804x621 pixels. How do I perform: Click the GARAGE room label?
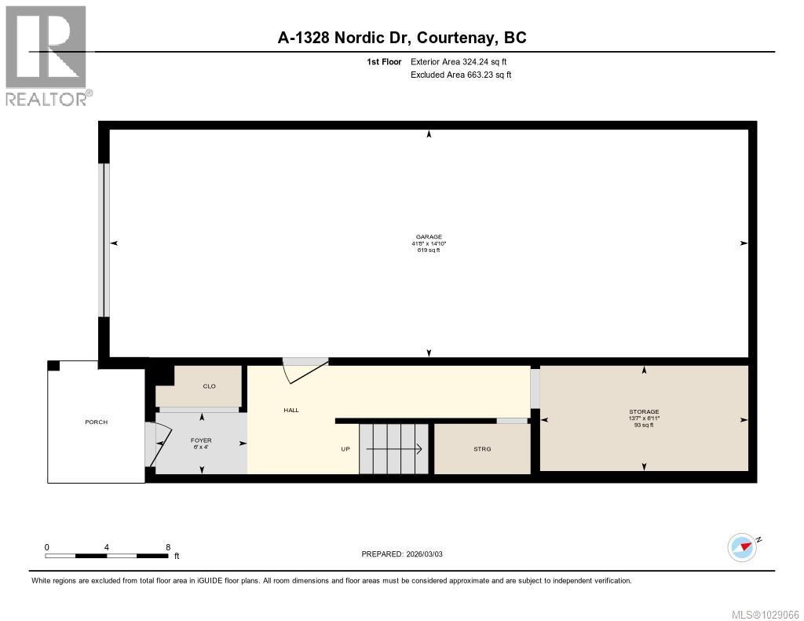429,236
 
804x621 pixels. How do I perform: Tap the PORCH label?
96,422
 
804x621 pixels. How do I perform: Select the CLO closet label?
209,386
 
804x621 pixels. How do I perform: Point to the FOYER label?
201,440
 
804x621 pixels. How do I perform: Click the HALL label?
291,410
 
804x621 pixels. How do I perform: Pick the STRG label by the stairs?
482,449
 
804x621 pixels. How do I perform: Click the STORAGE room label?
644,411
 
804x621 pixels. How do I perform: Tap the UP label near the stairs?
345,449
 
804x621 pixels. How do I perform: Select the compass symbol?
742,546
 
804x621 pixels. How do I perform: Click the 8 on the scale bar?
168,547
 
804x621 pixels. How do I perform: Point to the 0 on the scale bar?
47,547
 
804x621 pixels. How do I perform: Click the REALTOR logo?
46,55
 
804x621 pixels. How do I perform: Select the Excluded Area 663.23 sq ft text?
461,75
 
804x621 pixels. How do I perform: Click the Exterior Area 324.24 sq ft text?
461,61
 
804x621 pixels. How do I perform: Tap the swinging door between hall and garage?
305,369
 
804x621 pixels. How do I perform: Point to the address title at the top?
402,37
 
